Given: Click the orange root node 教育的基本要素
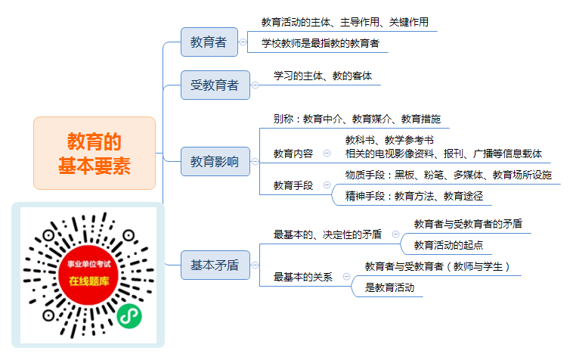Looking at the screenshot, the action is click(94, 153).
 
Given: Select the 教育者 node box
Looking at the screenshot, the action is click(209, 42).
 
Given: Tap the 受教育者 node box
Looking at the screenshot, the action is click(215, 85).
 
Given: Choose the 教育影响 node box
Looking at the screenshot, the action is click(215, 162).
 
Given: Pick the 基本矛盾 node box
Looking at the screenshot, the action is click(215, 265).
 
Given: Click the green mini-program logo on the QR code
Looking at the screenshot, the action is click(129, 316).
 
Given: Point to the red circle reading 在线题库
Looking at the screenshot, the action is click(88, 275).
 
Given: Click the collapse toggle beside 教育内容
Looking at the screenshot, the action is click(327, 154).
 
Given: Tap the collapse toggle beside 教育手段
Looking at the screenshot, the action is click(327, 185).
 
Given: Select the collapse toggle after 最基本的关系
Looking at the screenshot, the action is click(346, 277).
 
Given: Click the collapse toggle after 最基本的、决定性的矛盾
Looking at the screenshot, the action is click(395, 234).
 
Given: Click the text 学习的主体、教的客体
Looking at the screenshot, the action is click(323, 76).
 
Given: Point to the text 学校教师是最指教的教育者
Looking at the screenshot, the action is click(320, 44).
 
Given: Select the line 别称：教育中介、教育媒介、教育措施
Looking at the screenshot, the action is click(357, 119).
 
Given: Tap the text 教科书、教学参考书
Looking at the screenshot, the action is click(389, 141).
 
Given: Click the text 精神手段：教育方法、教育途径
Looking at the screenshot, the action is click(414, 197).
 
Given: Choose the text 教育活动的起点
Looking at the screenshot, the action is click(448, 245).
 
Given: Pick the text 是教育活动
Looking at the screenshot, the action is click(389, 288).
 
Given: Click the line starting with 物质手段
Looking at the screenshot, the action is click(448, 175).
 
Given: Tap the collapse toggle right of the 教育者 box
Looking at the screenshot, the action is click(243, 42).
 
